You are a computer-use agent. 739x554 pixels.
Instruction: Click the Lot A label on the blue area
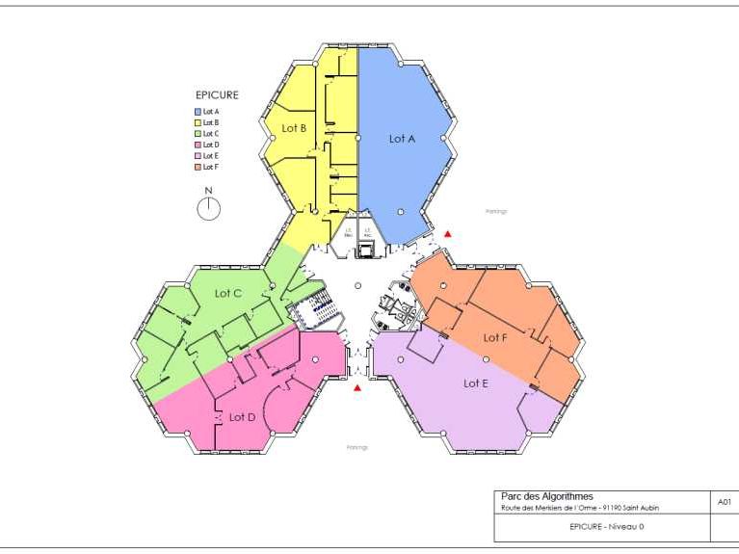[402, 139]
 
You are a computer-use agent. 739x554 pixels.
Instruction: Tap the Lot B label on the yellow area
[294, 128]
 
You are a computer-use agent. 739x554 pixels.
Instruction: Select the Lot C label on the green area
[228, 293]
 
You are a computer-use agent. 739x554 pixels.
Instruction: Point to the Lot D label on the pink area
[242, 417]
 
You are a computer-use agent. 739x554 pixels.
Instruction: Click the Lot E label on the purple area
[476, 383]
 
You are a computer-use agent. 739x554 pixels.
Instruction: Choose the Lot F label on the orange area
[495, 337]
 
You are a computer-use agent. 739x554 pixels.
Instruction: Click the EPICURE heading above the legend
[217, 95]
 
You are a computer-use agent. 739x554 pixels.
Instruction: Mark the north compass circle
[209, 209]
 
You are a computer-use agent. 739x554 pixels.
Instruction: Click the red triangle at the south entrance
[357, 388]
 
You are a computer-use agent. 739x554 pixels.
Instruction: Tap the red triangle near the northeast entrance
[446, 234]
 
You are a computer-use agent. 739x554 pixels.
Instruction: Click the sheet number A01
[725, 502]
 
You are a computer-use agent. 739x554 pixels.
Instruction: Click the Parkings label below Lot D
[357, 447]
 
